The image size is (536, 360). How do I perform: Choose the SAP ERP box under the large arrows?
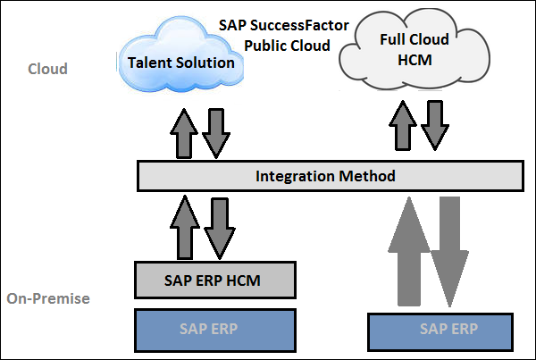(448, 329)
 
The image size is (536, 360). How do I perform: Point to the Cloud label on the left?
(47, 69)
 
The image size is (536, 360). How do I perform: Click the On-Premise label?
(47, 298)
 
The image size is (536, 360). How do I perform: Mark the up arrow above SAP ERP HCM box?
(187, 226)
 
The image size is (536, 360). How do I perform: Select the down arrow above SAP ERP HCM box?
(217, 226)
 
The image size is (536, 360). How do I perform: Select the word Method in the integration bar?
(366, 176)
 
